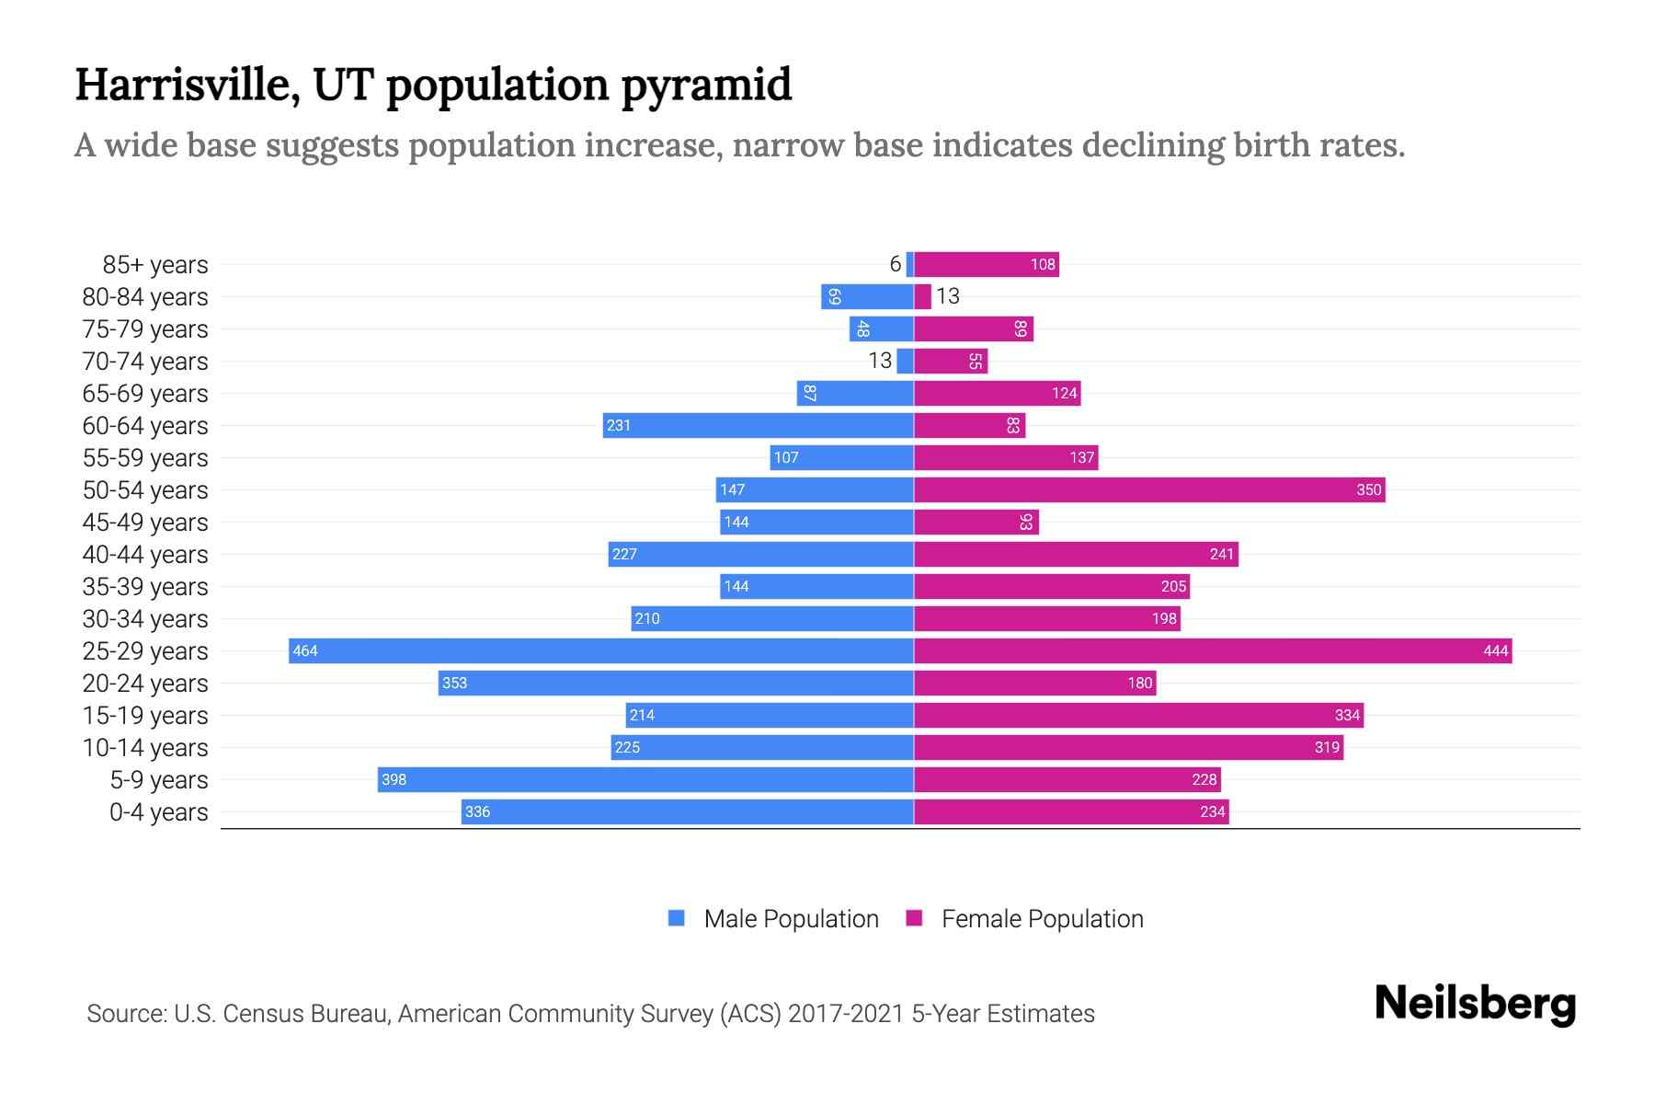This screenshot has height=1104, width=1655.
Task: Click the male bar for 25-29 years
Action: click(x=601, y=650)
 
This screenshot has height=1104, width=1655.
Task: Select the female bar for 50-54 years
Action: click(x=1149, y=489)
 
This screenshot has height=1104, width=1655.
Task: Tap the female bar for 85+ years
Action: click(x=986, y=264)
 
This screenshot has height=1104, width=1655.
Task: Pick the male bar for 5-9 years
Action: click(x=645, y=779)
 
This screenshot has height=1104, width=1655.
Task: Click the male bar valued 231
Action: click(x=758, y=425)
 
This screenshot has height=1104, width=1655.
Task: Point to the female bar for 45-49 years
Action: click(x=976, y=522)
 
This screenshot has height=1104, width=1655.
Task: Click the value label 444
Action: click(x=1495, y=651)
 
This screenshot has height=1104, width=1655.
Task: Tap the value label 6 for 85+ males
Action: click(x=895, y=264)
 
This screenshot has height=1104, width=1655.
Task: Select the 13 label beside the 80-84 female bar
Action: click(x=947, y=296)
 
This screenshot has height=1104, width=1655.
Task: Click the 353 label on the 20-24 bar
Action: click(x=454, y=684)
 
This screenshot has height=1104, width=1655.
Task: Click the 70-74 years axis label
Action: click(x=145, y=362)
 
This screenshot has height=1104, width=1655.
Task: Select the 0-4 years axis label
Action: click(x=158, y=812)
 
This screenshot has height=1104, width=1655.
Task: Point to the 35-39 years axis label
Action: click(x=145, y=587)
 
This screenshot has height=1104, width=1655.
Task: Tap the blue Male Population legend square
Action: click(x=677, y=918)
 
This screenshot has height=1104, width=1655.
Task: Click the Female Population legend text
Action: click(x=1042, y=919)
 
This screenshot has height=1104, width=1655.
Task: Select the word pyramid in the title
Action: click(x=705, y=86)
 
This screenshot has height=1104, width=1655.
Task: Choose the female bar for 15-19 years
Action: click(x=1138, y=715)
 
